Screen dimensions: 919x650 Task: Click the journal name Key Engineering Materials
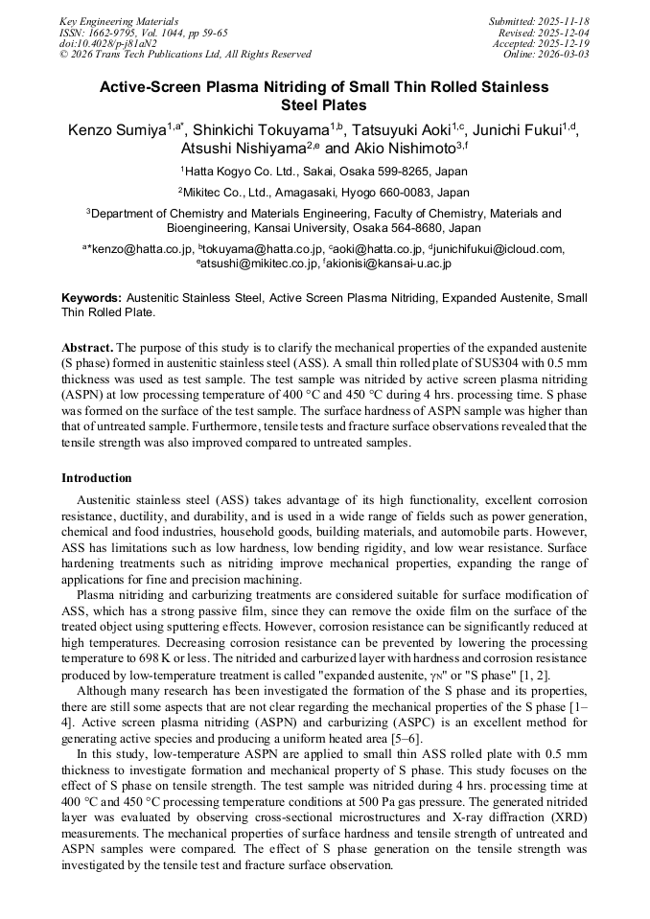tap(118, 21)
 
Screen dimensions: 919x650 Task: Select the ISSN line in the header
tap(144, 33)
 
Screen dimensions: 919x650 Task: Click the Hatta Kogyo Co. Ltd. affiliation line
tap(324, 172)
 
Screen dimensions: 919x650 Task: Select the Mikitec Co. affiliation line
tap(324, 192)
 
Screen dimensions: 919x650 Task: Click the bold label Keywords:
tap(92, 298)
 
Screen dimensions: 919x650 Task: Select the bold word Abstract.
tap(87, 346)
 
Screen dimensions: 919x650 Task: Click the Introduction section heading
tap(97, 478)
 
